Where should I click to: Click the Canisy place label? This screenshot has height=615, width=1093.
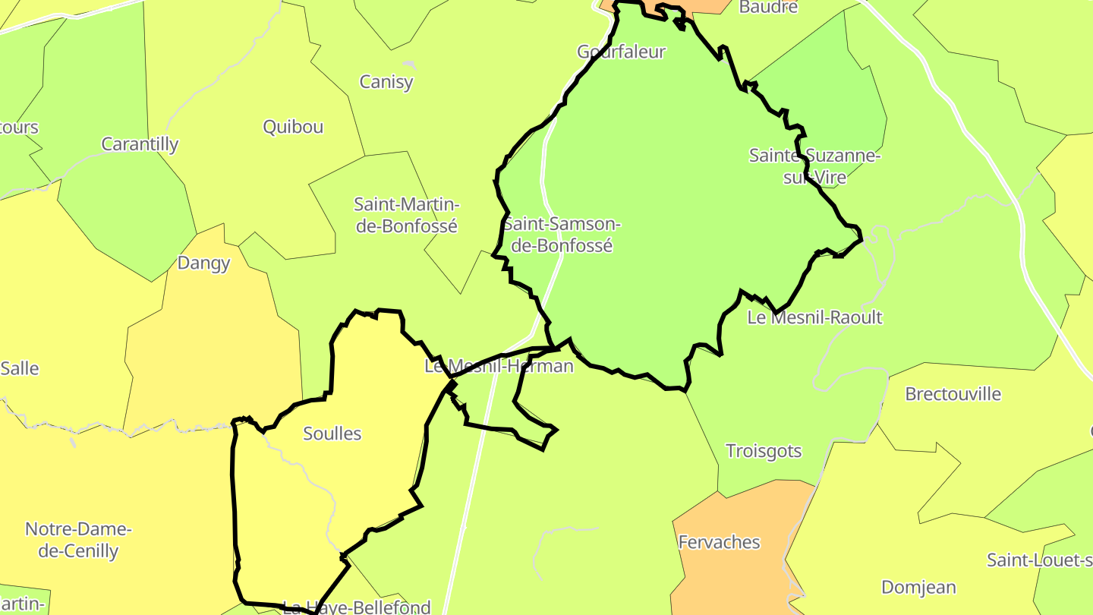coord(386,82)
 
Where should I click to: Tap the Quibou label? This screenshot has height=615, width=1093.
coord(293,127)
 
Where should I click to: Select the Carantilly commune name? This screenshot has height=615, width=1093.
coord(140,144)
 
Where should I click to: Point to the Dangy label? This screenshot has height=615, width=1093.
coord(203,263)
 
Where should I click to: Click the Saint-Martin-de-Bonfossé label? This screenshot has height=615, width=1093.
coord(407,215)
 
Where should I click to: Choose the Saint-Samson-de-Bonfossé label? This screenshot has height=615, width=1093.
coord(562,235)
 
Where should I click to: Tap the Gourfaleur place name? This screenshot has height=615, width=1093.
coord(621,52)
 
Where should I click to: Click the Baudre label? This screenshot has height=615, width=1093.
coord(768,8)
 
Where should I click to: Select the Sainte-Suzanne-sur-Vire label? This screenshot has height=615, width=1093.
coord(814,166)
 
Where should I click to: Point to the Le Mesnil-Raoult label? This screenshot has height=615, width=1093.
coord(814,317)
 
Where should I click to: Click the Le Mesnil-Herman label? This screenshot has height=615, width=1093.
coord(499,366)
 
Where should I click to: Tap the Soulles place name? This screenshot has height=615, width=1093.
coord(332,434)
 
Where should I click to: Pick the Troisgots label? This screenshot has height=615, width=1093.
coord(764,451)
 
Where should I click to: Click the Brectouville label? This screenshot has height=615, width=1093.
coord(953,394)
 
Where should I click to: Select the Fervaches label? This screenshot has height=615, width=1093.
coord(719,542)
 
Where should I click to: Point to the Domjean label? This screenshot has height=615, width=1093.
coord(918,587)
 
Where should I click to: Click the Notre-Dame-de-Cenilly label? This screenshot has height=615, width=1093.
coord(78,540)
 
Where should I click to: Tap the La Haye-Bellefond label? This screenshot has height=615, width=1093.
coord(356,607)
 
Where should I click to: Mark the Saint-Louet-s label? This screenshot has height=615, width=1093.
coord(1039,560)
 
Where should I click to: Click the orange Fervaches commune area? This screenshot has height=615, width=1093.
coord(729,577)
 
